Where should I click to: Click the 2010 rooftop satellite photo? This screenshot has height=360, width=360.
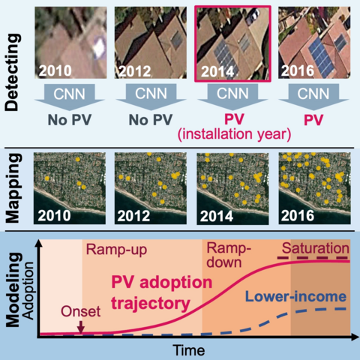(65, 42)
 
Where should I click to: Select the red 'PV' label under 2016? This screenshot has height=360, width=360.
(307, 118)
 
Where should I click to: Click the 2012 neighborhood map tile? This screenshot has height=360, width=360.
(145, 187)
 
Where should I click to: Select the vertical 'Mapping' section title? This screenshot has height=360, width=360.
(14, 187)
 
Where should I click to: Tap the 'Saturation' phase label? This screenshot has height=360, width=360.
(315, 248)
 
